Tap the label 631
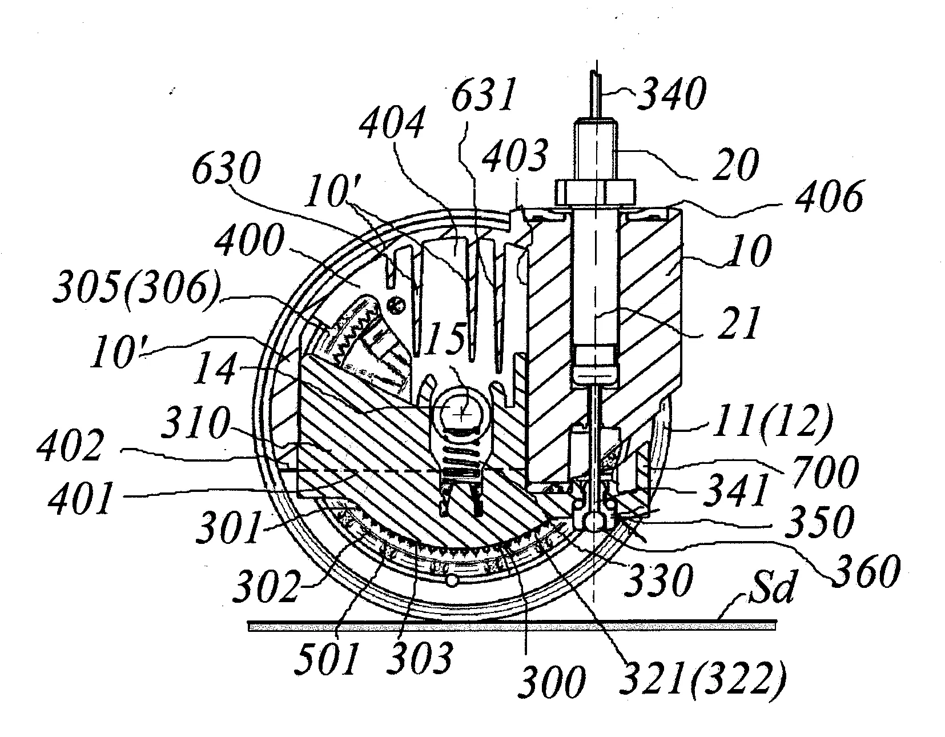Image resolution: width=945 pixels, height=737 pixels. pos(483,95)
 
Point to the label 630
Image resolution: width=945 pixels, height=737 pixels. pos(226,168)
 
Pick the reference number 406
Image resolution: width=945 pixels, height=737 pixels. pos(829,197)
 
